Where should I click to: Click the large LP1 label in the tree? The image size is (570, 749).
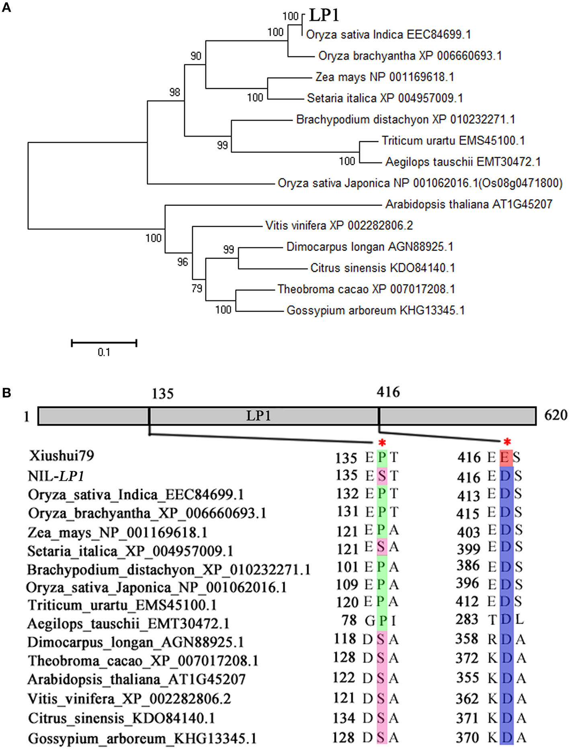tap(324, 15)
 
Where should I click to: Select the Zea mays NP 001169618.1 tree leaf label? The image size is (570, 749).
tap(385, 77)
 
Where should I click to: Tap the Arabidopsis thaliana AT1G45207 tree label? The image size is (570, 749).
tap(469, 204)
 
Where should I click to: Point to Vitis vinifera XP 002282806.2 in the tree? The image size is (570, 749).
tap(339, 226)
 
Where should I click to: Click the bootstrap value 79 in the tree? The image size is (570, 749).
tap(197, 288)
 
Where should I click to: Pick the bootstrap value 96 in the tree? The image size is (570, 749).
tap(182, 262)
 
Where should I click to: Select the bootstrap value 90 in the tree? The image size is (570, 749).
tap(196, 56)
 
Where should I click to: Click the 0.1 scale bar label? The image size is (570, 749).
tap(104, 352)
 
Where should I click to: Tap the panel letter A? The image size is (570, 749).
tap(6, 7)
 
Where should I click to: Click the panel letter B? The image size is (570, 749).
tap(6, 393)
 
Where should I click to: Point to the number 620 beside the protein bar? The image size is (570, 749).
tap(556, 415)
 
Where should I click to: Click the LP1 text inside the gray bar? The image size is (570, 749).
tap(258, 416)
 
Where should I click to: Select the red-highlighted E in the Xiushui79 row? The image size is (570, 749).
tap(505, 457)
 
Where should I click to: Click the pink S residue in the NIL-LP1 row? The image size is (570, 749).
tap(382, 476)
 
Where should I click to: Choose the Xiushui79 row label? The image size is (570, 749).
tap(61, 456)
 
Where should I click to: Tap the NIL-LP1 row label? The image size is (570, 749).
tap(56, 476)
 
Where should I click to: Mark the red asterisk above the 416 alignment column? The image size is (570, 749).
tap(507, 443)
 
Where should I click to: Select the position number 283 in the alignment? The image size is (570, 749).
tap(467, 619)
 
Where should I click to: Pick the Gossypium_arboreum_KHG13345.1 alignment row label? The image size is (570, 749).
tap(142, 739)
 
